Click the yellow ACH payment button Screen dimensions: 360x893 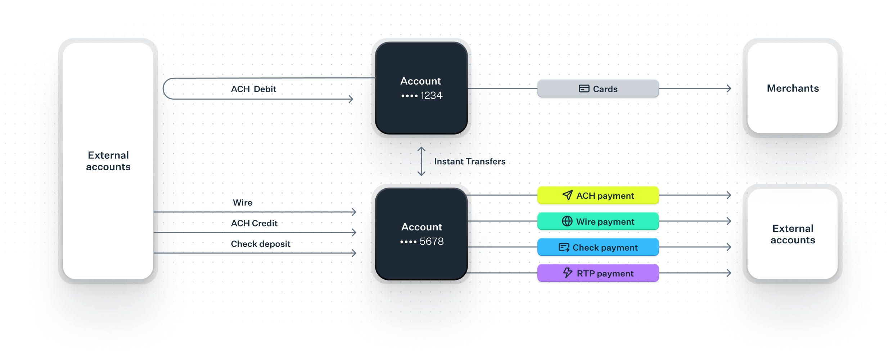pyautogui.click(x=598, y=195)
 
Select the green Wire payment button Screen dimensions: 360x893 pyautogui.click(x=598, y=221)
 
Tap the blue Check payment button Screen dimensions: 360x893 pyautogui.click(x=598, y=247)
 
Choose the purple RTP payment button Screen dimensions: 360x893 pyautogui.click(x=598, y=273)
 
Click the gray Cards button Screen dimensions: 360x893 pyautogui.click(x=598, y=89)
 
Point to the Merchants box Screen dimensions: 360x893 pyautogui.click(x=793, y=88)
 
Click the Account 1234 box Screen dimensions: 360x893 pyautogui.click(x=421, y=88)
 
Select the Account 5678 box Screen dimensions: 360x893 pyautogui.click(x=421, y=234)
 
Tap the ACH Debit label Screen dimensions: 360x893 pyautogui.click(x=254, y=89)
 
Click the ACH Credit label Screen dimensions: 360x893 pyautogui.click(x=254, y=223)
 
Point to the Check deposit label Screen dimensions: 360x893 pyautogui.click(x=261, y=244)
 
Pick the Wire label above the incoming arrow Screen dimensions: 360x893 pyautogui.click(x=243, y=203)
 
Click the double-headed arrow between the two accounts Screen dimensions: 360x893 pyautogui.click(x=421, y=161)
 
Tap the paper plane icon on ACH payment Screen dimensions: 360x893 pyautogui.click(x=567, y=195)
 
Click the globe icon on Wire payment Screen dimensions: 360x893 pyautogui.click(x=567, y=221)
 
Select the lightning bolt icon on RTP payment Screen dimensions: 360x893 pyautogui.click(x=568, y=273)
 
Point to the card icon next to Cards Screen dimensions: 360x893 pyautogui.click(x=584, y=89)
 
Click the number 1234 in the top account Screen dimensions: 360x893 pyautogui.click(x=431, y=96)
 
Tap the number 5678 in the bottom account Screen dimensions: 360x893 pyautogui.click(x=432, y=242)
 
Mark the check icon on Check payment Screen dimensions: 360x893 pyautogui.click(x=564, y=247)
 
